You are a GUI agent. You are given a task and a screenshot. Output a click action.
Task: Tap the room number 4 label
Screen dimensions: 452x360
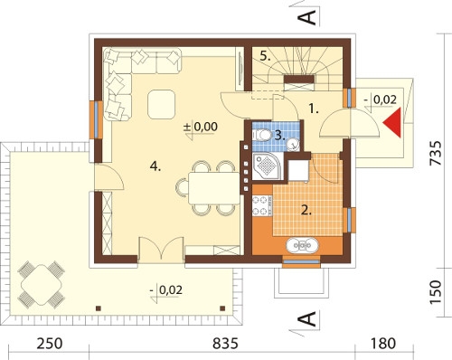coord(155,166)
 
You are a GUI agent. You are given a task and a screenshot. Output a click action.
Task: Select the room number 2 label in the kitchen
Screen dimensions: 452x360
coord(306,210)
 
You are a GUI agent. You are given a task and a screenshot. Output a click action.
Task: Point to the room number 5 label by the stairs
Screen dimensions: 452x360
coord(265,56)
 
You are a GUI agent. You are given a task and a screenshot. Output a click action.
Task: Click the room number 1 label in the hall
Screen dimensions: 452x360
coord(314,109)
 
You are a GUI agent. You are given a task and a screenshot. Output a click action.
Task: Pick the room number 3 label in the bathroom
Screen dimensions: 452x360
coord(279,136)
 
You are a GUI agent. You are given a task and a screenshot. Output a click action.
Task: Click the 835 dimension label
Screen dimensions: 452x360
coord(225,343)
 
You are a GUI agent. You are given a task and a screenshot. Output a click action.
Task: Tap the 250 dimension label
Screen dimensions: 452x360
coord(50,343)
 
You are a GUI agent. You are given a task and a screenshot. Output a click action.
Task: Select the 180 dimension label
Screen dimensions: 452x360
coord(382,343)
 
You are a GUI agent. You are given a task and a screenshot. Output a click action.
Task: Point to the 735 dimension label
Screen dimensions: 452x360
coord(436,153)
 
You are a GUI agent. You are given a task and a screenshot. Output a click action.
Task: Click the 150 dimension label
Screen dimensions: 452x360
coord(436,292)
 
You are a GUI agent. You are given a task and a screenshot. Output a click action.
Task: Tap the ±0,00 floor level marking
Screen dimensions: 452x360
coord(201,127)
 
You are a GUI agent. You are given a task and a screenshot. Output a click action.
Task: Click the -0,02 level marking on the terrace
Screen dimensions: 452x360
coord(166,290)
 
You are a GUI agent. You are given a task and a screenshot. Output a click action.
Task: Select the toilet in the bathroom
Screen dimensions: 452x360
coord(262,135)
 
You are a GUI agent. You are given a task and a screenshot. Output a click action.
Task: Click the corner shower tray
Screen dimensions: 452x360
coord(267,166)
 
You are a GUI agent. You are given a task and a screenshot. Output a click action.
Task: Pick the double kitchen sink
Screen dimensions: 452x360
coord(302,245)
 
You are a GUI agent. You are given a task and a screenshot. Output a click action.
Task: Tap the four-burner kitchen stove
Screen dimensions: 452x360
coord(261,205)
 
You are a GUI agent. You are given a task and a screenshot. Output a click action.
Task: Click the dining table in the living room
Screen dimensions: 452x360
coord(213,188)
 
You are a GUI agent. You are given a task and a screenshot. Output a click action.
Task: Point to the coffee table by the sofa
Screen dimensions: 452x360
coord(161,104)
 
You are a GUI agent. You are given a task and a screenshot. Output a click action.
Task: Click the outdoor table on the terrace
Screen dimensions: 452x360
coord(42,285)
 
